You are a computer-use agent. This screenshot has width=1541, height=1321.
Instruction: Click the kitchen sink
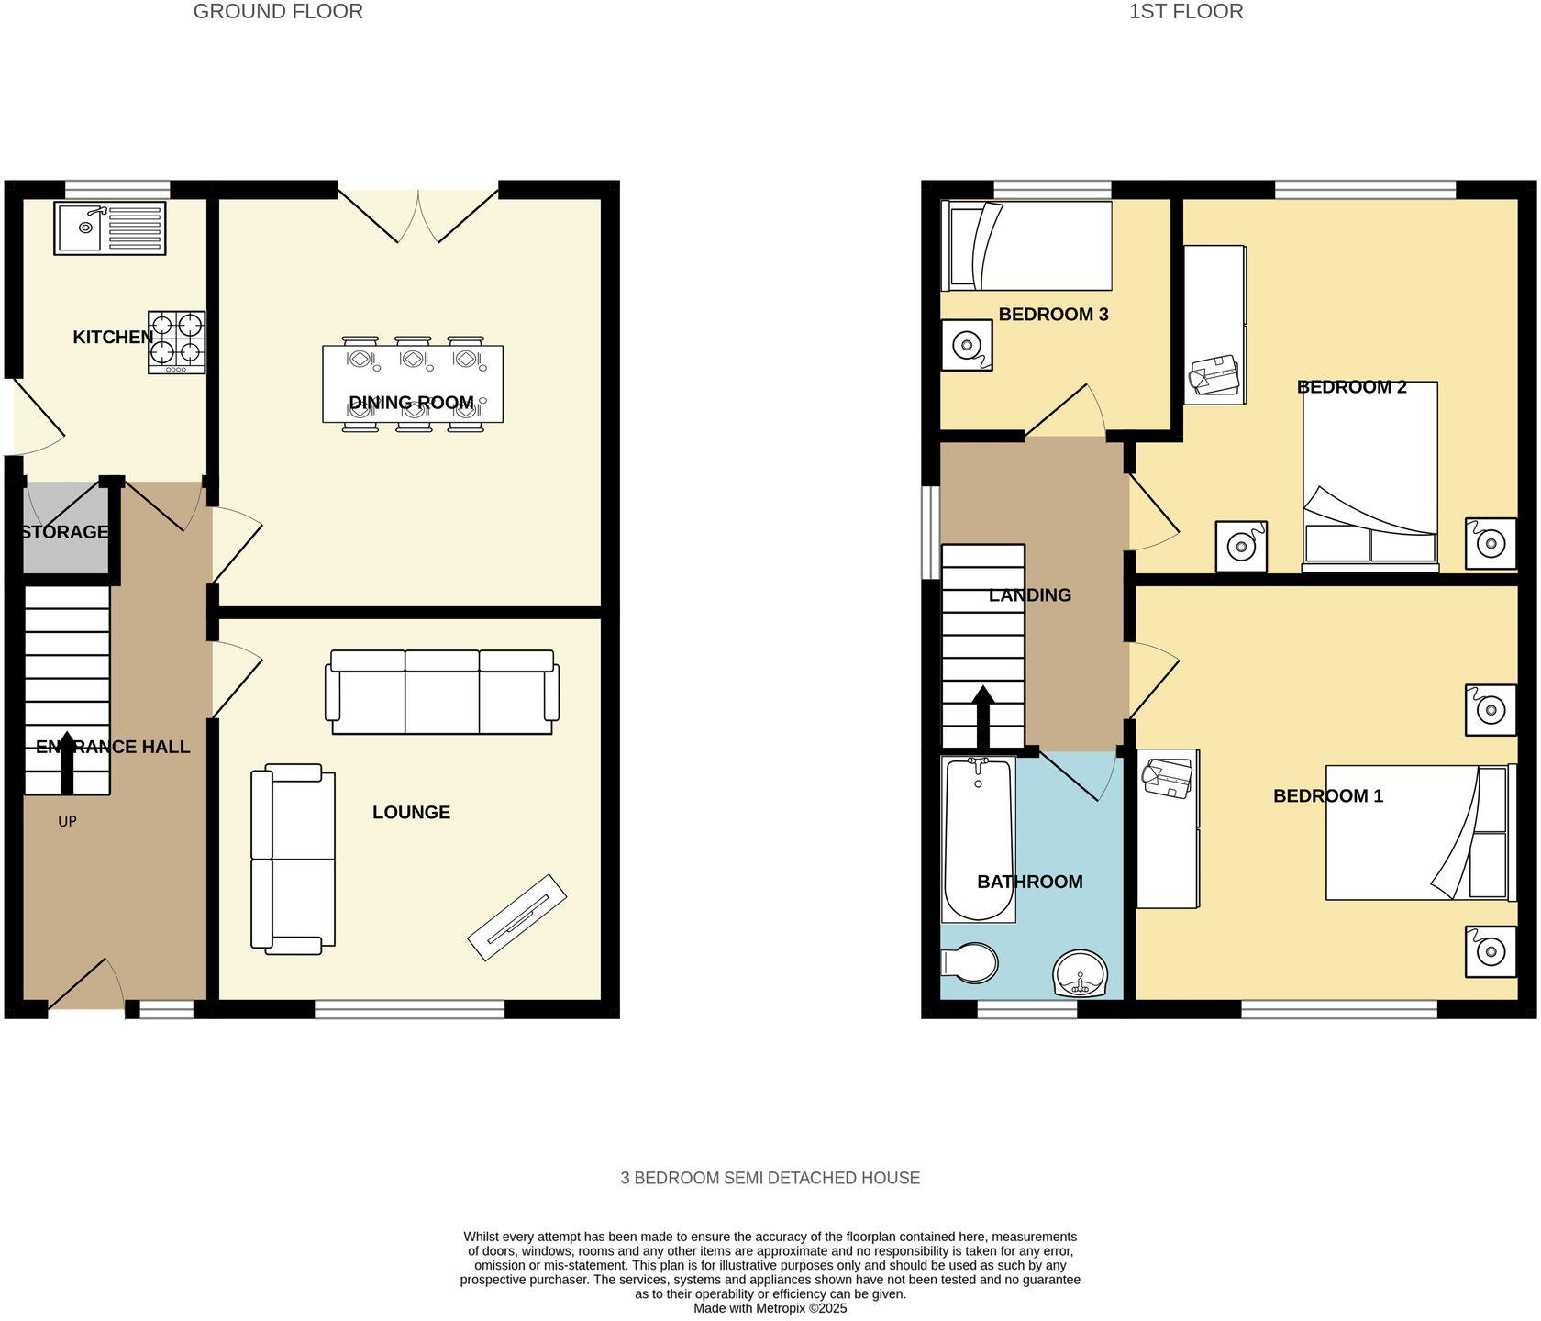point(109,228)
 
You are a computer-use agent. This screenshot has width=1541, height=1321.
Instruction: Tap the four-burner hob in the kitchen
point(176,341)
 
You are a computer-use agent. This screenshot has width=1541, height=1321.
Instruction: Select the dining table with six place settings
point(413,383)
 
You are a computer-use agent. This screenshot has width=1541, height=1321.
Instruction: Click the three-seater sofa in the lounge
point(442,693)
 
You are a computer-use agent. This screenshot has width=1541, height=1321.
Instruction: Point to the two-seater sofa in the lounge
point(293,859)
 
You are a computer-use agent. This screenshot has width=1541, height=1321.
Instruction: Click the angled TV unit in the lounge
point(517,917)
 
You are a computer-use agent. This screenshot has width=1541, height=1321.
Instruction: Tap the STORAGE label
point(64,532)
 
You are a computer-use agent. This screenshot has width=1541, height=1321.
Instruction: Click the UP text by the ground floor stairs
point(67,821)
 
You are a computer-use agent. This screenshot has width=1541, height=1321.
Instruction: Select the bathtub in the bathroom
point(978,838)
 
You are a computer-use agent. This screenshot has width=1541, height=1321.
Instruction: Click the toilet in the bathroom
point(970,962)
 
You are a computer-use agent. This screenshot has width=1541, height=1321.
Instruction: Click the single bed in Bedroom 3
point(1026,246)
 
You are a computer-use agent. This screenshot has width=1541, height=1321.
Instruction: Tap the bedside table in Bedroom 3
point(967,346)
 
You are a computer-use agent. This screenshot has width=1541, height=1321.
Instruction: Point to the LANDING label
point(1029,595)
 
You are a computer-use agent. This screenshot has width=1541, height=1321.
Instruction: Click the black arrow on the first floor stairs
point(982,716)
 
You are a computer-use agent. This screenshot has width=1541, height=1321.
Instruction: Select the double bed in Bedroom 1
point(1416,832)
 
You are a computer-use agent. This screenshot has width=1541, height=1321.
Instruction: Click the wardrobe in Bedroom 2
point(1214,324)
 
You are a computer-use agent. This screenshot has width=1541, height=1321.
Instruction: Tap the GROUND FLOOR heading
point(278,12)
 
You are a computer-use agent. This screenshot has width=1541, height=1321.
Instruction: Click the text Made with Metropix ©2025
point(770,1308)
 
